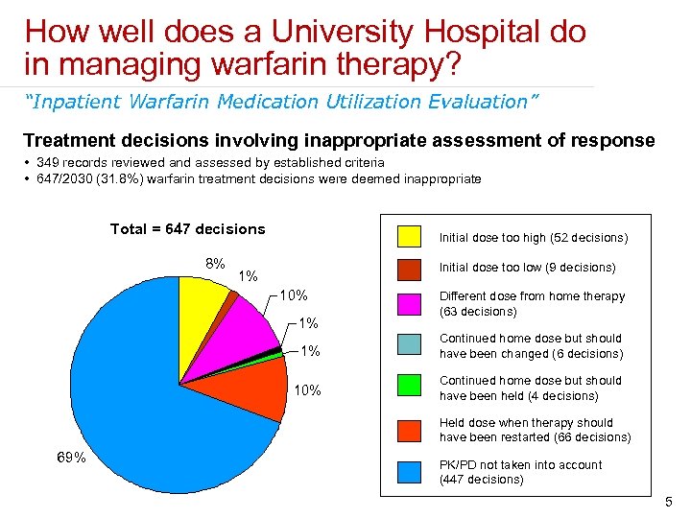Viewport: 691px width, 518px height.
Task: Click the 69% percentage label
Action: [x=70, y=458]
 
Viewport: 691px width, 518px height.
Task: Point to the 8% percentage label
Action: [x=215, y=263]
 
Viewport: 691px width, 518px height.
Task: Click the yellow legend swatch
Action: [x=410, y=236]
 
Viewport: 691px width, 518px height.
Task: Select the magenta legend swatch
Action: [x=410, y=303]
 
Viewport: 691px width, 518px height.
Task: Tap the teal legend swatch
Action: [x=410, y=345]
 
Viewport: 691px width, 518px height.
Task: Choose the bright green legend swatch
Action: [x=410, y=388]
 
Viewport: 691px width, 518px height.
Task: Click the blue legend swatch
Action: [x=410, y=472]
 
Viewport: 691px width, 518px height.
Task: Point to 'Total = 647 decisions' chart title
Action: [x=187, y=228]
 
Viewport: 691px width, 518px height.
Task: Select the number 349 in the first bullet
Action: [x=49, y=163]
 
